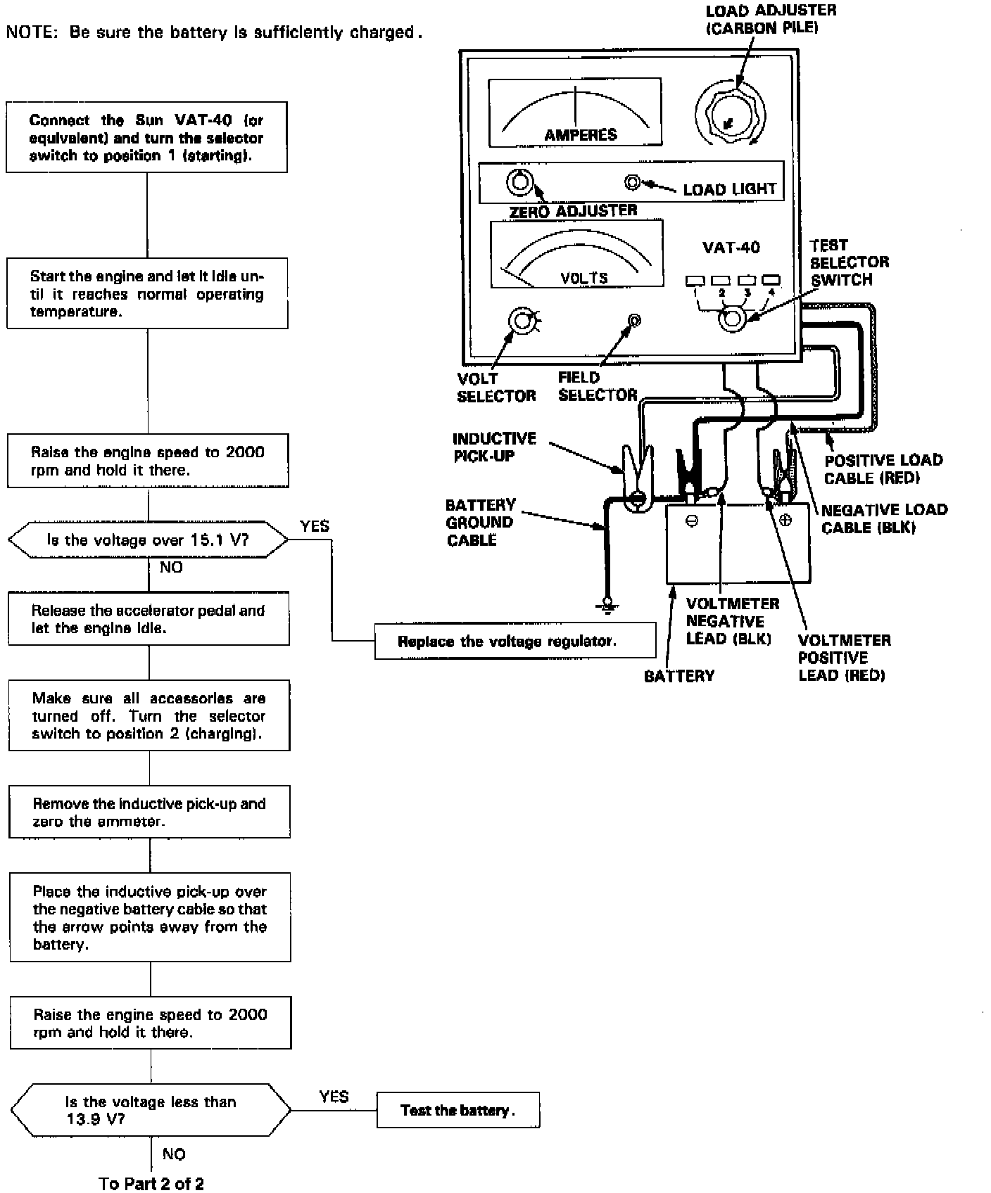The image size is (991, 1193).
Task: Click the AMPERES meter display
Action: point(574,113)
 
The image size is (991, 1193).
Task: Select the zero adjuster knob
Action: point(519,183)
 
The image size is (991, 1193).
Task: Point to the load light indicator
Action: point(632,183)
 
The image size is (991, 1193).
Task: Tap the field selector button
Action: point(634,321)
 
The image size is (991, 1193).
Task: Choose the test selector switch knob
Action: point(731,319)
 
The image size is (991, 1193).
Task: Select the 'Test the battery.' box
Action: point(458,1110)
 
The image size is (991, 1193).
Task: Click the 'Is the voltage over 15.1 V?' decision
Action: point(148,540)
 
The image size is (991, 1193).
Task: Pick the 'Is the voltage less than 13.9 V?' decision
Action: point(151,1110)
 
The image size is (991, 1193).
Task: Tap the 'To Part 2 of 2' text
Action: point(152,1183)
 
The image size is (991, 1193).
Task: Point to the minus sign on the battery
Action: point(692,522)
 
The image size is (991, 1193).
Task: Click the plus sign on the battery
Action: point(785,521)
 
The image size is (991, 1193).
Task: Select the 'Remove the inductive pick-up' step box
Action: point(149,812)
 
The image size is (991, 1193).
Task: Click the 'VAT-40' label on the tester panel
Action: point(731,248)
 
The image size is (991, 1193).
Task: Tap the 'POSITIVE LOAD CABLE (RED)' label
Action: point(883,469)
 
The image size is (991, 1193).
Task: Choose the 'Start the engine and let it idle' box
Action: point(147,293)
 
